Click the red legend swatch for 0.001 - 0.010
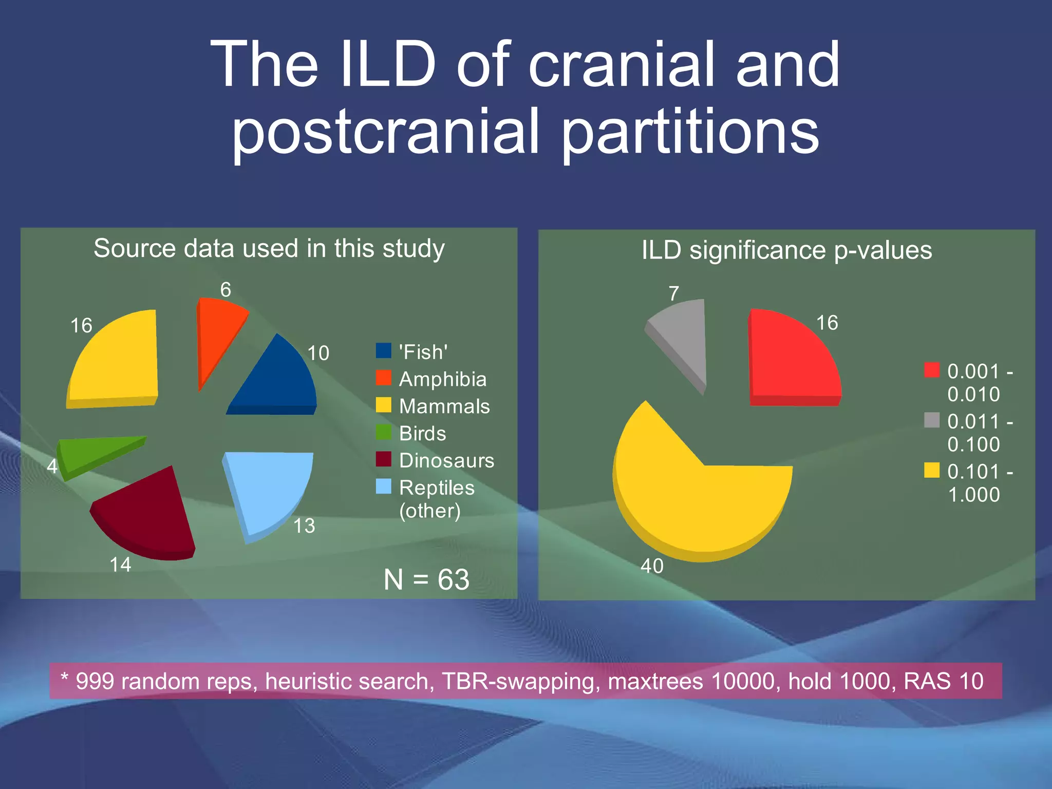tap(931, 370)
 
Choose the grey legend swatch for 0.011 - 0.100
tap(931, 420)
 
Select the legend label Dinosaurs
tap(446, 461)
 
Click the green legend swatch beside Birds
tap(383, 433)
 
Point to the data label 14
tap(121, 565)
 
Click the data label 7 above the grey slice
tap(674, 294)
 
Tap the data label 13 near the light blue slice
tap(304, 526)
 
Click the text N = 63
tap(426, 579)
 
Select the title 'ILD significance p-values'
tap(786, 251)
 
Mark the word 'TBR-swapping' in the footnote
tap(520, 682)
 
